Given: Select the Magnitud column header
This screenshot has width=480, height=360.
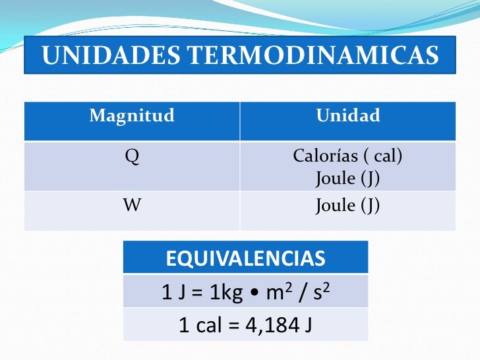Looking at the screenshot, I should pos(132,117).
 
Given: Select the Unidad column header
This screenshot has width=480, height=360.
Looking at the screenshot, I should pos(348,117).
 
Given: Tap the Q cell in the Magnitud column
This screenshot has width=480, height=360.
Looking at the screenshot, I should pos(132,158).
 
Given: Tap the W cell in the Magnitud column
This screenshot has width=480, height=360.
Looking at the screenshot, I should pos(132,205).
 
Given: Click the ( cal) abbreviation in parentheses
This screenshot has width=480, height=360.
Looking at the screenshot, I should pos(382,158).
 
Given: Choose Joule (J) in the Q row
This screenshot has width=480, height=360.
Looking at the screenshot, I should pos(348,178).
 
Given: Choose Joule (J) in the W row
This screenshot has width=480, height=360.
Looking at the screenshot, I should pos(348,205).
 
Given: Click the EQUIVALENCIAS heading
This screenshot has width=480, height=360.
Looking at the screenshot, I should pos(245,258).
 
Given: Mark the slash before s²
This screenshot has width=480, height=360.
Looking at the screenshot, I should pos(301,292).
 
